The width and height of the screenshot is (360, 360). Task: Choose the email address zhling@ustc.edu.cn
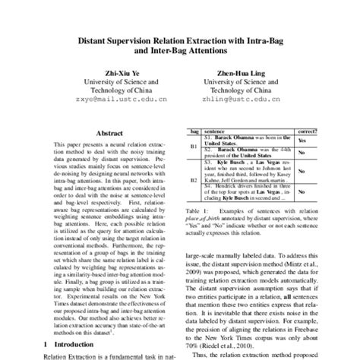tap(240, 98)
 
